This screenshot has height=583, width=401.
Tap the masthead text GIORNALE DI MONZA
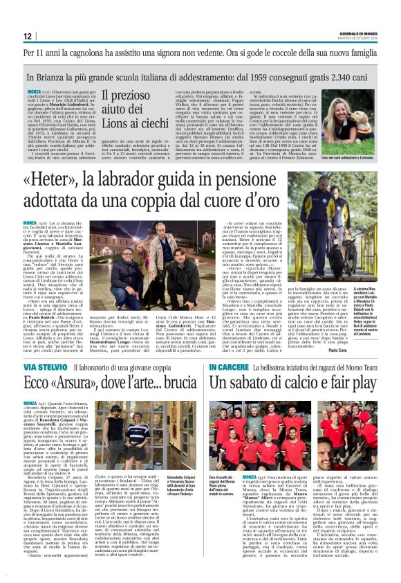pos(360,33)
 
